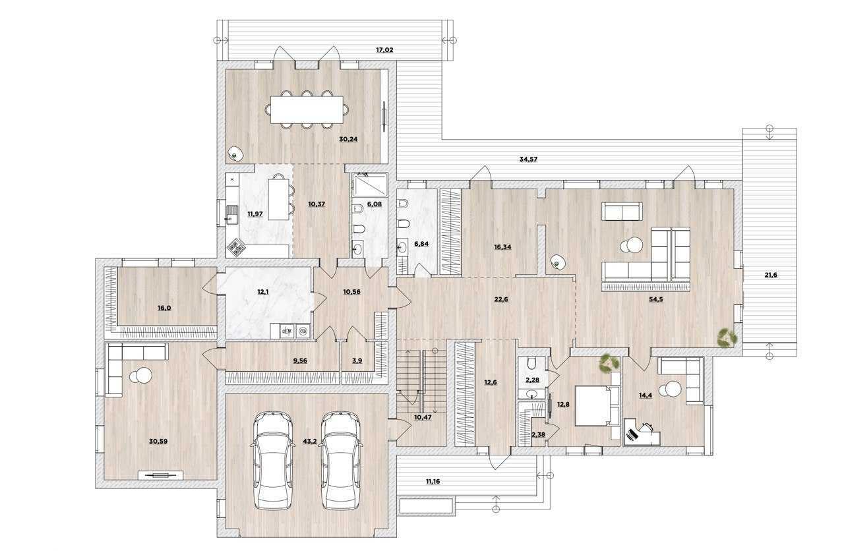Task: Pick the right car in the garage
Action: coord(341,459)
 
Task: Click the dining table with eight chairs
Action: coord(307,110)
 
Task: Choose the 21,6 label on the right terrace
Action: coord(770,275)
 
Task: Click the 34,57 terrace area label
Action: coord(529,159)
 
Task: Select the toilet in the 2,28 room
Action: coord(531,364)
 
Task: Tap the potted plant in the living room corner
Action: coord(728,337)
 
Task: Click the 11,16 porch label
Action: coord(433,482)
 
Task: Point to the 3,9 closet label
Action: coord(357,361)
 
